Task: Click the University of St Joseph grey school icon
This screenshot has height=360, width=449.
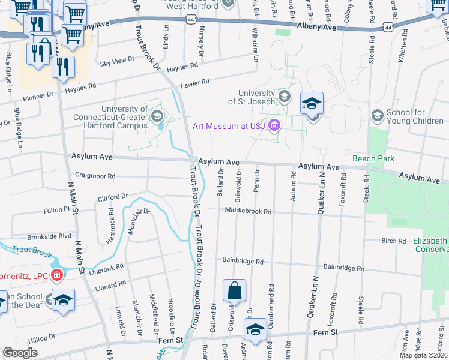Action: tap(283, 97)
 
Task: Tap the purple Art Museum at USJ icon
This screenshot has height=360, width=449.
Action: tap(275, 125)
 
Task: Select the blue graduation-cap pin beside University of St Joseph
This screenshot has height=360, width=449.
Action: tap(312, 104)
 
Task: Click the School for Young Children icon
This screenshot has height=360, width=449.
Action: tap(378, 115)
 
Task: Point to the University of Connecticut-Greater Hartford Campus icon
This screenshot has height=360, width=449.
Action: tap(157, 115)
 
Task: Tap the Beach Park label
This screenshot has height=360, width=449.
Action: tap(370, 158)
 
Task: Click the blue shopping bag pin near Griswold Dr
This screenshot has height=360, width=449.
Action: tap(234, 290)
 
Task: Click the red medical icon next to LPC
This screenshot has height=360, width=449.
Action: tap(56, 275)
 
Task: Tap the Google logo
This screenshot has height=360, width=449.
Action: tap(20, 352)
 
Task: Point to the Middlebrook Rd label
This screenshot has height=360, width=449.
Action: tap(248, 211)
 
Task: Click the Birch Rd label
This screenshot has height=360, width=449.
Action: tap(393, 241)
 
